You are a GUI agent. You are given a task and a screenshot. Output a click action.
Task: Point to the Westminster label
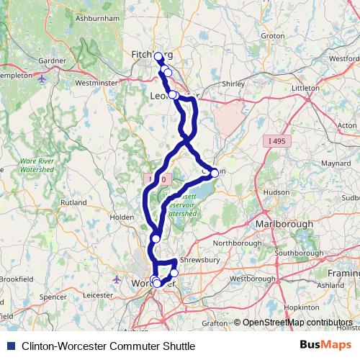click(96, 83)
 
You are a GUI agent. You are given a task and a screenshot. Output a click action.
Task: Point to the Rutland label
click(73, 204)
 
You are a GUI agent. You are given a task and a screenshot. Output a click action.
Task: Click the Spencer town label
click(53, 296)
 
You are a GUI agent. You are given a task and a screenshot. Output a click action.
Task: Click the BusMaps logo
click(325, 346)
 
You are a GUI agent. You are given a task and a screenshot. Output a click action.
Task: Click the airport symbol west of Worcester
click(117, 278)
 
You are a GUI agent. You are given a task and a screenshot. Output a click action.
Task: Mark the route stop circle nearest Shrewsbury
click(174, 272)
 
